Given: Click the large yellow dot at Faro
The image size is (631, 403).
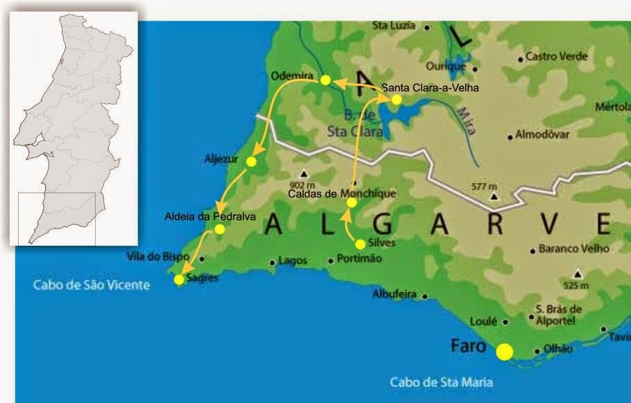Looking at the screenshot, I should [504, 351].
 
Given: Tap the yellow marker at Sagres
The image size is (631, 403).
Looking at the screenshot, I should [179, 279].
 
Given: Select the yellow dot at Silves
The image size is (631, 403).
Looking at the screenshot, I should [360, 244].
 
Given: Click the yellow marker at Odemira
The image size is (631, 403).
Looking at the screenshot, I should [325, 80].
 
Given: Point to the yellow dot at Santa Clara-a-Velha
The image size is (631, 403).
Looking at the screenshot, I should [396, 100].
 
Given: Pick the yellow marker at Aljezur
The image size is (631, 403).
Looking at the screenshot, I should [251, 161].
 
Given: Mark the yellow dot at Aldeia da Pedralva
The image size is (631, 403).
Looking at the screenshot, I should [219, 229].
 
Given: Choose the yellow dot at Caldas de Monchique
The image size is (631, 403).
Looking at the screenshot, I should [352, 203].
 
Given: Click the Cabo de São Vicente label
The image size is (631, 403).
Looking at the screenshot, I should [91, 285].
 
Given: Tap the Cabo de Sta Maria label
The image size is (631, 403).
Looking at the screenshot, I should [441, 382].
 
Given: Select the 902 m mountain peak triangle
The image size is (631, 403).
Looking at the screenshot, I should [303, 174].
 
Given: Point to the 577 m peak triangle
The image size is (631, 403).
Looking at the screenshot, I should [494, 196].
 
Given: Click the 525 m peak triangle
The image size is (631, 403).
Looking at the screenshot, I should [577, 274].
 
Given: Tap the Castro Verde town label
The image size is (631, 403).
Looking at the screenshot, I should [556, 56].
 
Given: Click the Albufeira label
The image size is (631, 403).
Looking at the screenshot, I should [395, 294].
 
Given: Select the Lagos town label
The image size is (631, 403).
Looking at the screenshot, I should [292, 261].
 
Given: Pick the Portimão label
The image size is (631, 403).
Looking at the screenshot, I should [358, 258].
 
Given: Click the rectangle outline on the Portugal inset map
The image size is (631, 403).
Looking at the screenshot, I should [56, 217].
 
